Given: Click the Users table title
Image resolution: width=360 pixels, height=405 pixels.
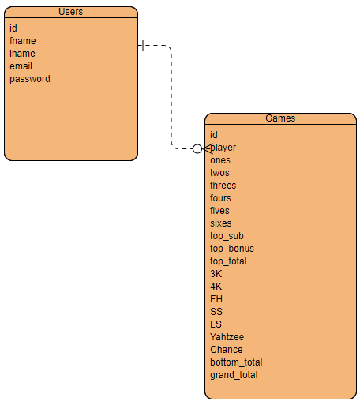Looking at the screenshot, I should pyautogui.click(x=71, y=12).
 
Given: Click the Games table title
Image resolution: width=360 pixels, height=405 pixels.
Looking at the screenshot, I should pyautogui.click(x=280, y=118).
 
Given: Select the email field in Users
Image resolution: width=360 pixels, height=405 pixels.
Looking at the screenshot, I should pyautogui.click(x=21, y=66).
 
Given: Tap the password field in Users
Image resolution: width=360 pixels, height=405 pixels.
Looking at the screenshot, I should pyautogui.click(x=30, y=79).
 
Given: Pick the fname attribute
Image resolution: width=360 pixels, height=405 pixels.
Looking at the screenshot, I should pyautogui.click(x=22, y=41).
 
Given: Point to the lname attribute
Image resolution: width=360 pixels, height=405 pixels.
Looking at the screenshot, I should pyautogui.click(x=22, y=54).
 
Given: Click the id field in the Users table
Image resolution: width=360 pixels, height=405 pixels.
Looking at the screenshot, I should pyautogui.click(x=13, y=28).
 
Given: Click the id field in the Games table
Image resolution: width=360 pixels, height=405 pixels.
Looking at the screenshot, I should pyautogui.click(x=214, y=135).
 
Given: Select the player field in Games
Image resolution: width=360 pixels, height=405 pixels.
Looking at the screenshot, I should pyautogui.click(x=223, y=148).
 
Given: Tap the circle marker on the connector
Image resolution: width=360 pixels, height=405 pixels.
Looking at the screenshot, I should pyautogui.click(x=197, y=148).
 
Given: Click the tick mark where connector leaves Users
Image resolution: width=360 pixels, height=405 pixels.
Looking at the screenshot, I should pyautogui.click(x=142, y=45).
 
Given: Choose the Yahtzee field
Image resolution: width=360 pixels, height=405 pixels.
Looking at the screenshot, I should pyautogui.click(x=227, y=337).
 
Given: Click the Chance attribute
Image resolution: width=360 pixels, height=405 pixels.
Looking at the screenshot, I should pyautogui.click(x=226, y=350).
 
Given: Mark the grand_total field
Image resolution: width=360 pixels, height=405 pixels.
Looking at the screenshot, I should pyautogui.click(x=234, y=375).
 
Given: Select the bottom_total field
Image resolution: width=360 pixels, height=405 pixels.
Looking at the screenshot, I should pyautogui.click(x=236, y=362).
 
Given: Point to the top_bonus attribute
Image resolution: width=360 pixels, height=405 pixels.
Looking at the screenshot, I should pyautogui.click(x=231, y=249).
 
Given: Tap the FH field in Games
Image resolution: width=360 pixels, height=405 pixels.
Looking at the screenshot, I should pyautogui.click(x=216, y=299).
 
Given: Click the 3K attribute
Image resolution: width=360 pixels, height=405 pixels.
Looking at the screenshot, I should pyautogui.click(x=216, y=274).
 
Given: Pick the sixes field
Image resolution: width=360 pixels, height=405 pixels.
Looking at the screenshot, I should pyautogui.click(x=221, y=223).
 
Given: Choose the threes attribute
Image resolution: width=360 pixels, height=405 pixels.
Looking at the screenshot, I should pyautogui.click(x=223, y=186).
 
